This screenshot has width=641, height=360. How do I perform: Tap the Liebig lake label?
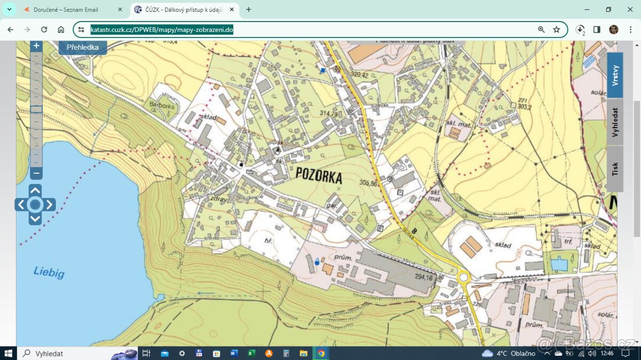[x=49, y=272]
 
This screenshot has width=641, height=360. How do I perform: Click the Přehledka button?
[x=82, y=48]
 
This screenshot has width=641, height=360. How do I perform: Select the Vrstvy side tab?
[x=615, y=75]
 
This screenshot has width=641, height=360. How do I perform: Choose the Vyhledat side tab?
[x=615, y=122]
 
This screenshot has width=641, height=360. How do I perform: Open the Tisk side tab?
[x=615, y=169]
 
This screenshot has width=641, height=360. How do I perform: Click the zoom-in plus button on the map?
[x=36, y=46]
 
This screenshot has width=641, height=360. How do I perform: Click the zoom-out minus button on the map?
[x=36, y=173]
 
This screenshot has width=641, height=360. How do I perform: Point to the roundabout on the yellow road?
[x=462, y=278]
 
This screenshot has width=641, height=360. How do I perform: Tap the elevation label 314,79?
[x=329, y=114]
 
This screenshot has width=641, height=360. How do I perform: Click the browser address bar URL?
[x=162, y=29]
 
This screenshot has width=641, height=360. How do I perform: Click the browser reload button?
[x=44, y=29]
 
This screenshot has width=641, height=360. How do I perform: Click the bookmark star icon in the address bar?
[x=557, y=29]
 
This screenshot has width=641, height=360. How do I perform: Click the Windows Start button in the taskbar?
[x=9, y=353]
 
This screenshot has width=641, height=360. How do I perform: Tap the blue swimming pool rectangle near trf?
[x=559, y=263]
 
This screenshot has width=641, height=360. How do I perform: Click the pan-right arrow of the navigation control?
[x=49, y=205]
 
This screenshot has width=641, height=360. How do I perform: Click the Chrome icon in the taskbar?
[x=321, y=353]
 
